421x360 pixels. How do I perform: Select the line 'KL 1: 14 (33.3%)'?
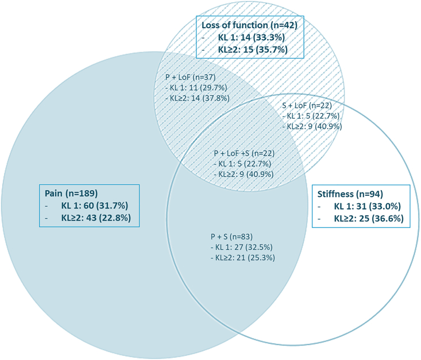pos(252,37)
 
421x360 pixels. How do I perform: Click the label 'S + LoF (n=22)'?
pos(307,106)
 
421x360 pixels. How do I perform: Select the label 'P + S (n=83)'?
pos(231,237)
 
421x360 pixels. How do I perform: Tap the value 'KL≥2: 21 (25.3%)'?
pos(242,257)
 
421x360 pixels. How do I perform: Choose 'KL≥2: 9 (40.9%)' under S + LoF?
pos(312,126)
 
